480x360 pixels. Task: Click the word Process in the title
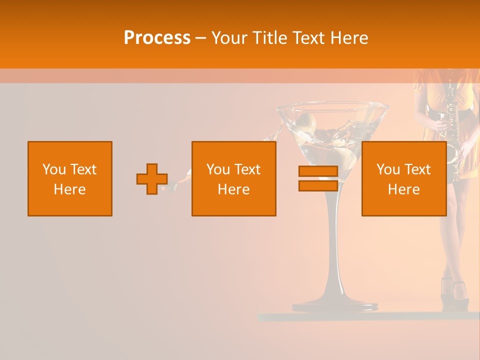[157, 38]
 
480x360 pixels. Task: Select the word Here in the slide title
[348, 38]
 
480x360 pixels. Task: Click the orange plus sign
[152, 179]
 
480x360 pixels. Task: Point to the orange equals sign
[318, 179]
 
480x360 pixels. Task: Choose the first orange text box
[70, 179]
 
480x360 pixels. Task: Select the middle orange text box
[233, 179]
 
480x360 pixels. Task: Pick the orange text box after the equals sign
[403, 179]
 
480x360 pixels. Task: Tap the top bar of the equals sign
[318, 171]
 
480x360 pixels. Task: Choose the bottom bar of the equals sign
[318, 186]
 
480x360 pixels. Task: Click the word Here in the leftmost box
[70, 189]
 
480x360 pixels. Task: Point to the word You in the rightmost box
[387, 169]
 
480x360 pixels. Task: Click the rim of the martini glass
[333, 105]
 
